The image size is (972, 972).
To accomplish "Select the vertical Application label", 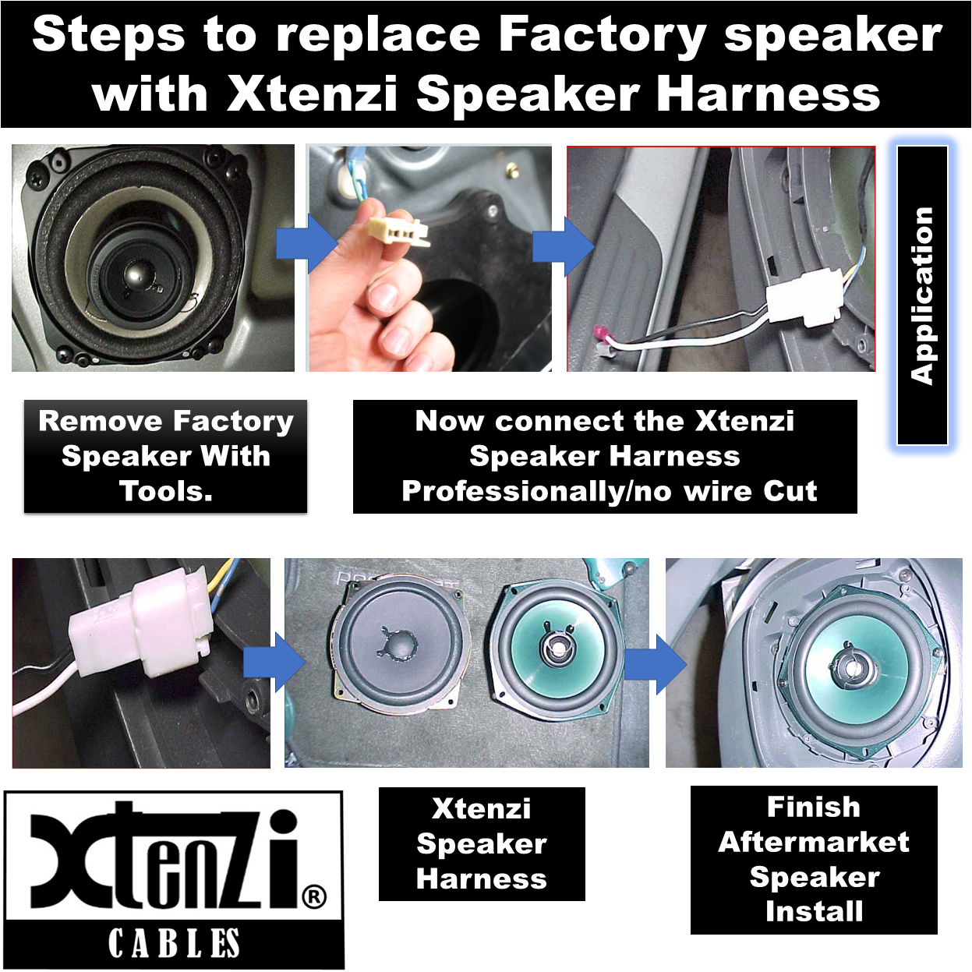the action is tap(921, 295).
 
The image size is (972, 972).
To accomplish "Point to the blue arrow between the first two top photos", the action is tap(306, 245).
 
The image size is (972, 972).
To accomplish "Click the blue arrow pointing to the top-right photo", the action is tap(564, 247).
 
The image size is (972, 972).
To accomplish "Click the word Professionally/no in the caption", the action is tap(537, 492).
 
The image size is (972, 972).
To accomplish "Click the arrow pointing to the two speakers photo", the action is tap(274, 663).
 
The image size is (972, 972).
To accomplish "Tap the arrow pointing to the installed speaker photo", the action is tap(656, 664).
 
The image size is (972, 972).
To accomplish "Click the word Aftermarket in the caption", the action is tap(814, 842).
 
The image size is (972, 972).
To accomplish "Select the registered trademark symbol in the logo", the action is tap(314, 896).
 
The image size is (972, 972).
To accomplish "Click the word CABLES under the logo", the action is tap(174, 943).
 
